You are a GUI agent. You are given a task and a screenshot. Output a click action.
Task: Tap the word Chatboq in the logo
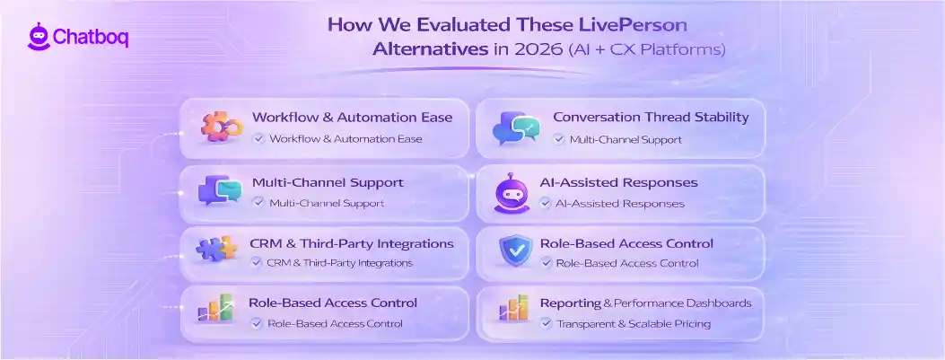[91, 39]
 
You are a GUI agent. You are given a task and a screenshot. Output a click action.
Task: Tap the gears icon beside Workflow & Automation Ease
[220, 128]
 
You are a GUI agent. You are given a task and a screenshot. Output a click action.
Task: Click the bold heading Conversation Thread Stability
[651, 117]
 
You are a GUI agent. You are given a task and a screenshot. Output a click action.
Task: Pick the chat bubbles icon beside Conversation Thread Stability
[516, 128]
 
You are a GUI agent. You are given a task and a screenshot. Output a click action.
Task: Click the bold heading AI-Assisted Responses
[618, 182]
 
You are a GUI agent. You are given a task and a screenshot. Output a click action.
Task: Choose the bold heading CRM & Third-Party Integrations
[352, 243]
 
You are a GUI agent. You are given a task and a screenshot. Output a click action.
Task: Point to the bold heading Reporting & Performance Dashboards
[645, 303]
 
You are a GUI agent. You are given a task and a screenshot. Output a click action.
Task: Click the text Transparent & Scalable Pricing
[634, 323]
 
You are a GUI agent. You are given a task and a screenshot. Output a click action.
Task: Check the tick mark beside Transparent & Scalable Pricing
[546, 323]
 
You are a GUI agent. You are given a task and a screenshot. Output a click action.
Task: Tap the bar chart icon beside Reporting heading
[514, 310]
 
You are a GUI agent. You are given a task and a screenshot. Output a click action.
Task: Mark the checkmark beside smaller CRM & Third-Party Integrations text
[257, 263]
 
